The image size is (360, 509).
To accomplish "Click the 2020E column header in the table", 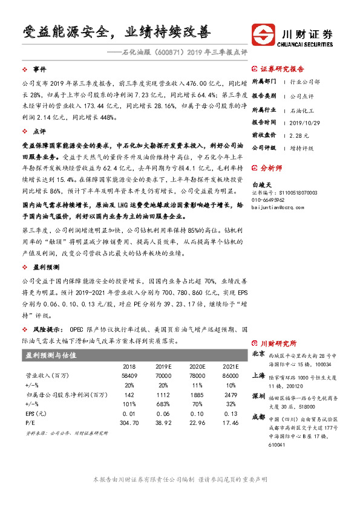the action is (198, 367).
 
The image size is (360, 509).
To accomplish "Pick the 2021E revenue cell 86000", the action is (231, 375).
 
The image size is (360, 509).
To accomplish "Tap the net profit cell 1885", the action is (198, 394).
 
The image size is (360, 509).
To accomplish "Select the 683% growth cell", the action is (163, 403).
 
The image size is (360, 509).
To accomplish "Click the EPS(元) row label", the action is (34, 413).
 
